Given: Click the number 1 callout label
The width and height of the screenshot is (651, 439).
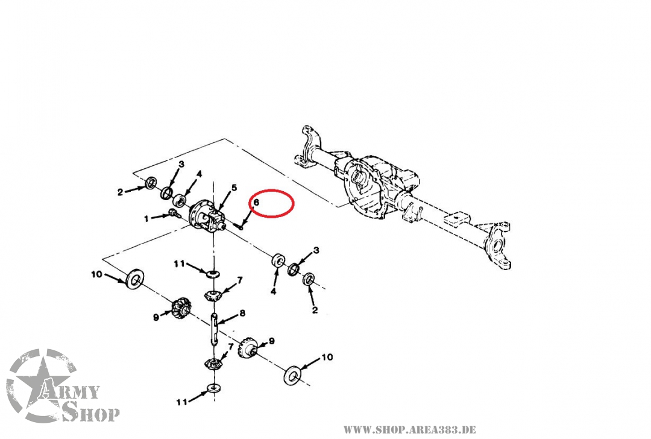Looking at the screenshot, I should (x=146, y=218).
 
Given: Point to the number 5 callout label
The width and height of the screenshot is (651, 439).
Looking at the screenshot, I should (x=234, y=188).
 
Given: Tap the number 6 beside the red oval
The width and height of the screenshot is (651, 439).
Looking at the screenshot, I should (x=256, y=203).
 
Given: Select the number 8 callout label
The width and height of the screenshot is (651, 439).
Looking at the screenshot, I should (x=242, y=314).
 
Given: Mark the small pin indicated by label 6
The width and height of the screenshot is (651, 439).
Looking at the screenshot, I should (x=239, y=227).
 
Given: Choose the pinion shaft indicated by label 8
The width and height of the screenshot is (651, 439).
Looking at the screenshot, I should (x=214, y=329).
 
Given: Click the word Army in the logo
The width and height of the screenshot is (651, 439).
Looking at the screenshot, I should (x=70, y=391).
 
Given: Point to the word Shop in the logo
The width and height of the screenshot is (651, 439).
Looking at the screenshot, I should (x=90, y=414).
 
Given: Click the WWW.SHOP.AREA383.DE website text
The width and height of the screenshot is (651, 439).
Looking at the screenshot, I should (x=409, y=429).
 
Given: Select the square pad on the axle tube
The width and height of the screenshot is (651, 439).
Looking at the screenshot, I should (x=461, y=216).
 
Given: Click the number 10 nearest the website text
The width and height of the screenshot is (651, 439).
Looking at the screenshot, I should (x=325, y=357).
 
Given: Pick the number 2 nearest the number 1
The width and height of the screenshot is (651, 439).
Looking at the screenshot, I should (x=121, y=192).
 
